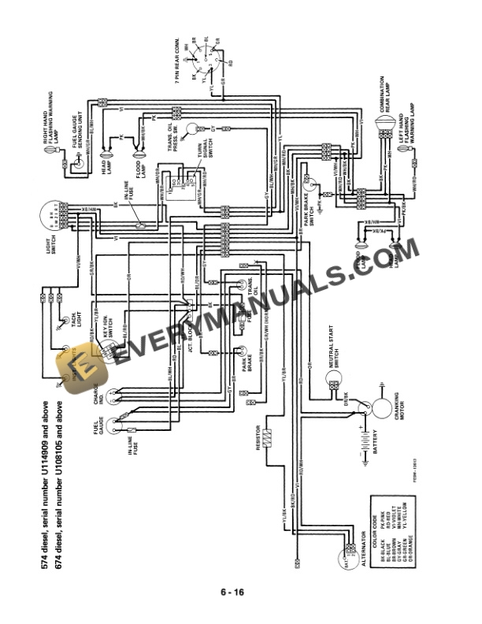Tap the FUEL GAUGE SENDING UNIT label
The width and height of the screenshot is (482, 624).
[x=83, y=124]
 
